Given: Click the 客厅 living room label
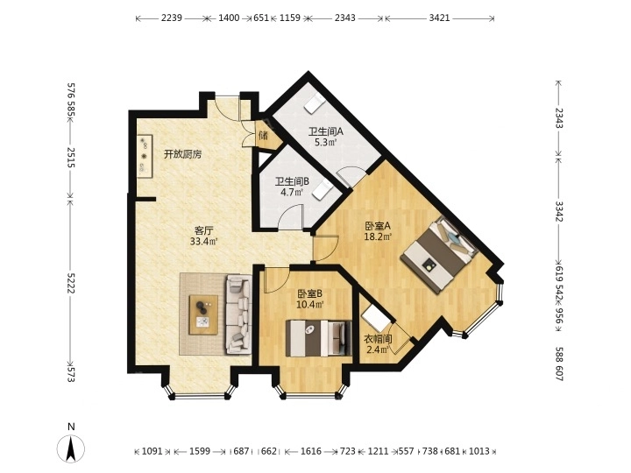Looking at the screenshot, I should coord(204,231).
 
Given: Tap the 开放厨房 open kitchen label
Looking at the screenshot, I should coord(182,154).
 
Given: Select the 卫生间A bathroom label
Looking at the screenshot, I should coord(325,131).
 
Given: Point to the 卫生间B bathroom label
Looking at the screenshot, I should coord(292,181).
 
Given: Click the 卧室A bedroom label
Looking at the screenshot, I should coord(377,225).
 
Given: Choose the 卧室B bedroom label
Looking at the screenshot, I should coord(309,293).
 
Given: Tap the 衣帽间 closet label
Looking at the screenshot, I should coord(378,339).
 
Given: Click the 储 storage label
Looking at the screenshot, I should coord(262,136).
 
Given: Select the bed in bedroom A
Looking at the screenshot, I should coord(437,254).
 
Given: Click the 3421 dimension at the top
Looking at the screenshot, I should coord(440,18).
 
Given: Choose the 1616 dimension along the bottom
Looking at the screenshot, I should coord(311,452).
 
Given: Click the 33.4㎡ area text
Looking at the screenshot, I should coord(204,242).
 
